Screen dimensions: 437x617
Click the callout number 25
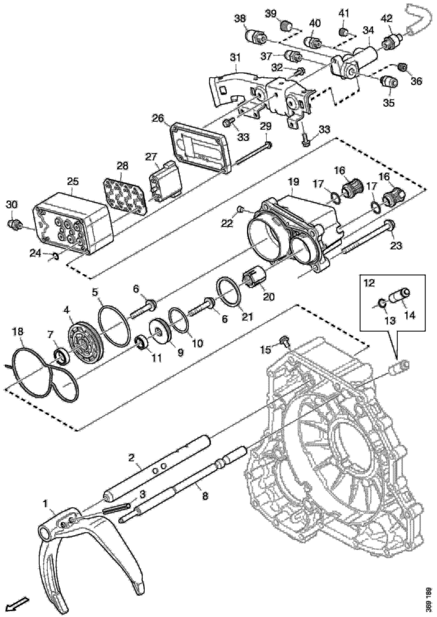72,182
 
